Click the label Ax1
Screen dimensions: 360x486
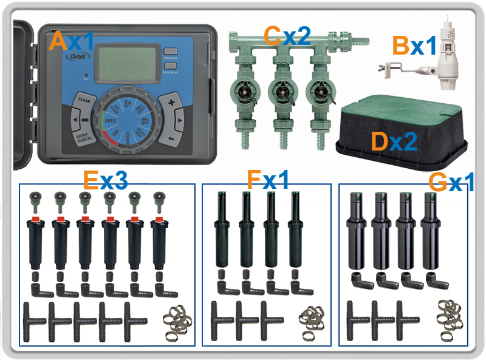tap(72, 41)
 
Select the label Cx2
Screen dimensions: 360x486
tap(287, 36)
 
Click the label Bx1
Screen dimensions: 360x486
tap(414, 45)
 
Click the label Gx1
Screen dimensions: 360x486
tap(451, 182)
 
